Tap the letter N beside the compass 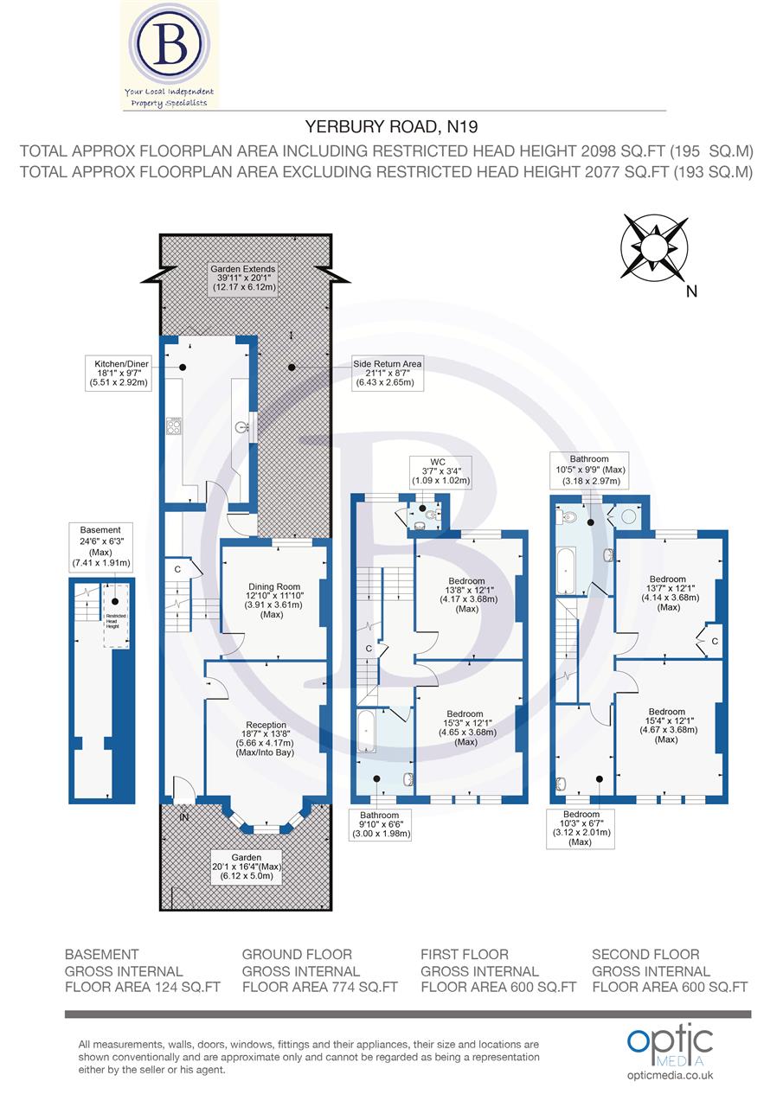[690, 291]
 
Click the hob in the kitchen [174, 425]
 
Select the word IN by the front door [184, 816]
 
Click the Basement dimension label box [100, 547]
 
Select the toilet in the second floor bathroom [568, 517]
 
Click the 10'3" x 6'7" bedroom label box [581, 828]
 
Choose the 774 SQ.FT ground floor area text [319, 986]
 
